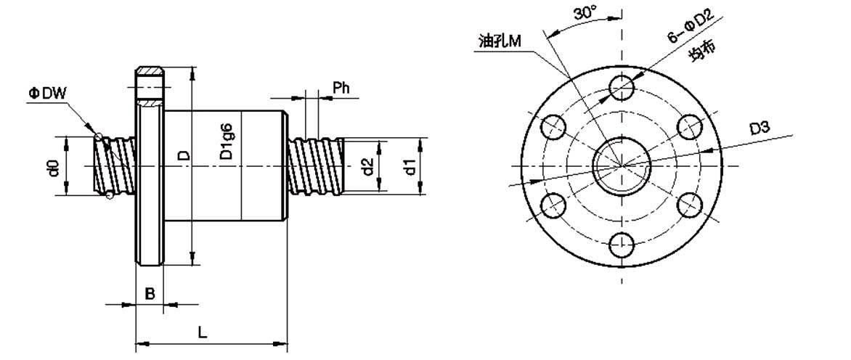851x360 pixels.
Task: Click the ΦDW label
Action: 47,94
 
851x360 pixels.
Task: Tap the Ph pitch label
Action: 341,88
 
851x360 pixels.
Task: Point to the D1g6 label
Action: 227,142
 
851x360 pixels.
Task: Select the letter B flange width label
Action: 150,294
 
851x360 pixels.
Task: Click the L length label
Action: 202,332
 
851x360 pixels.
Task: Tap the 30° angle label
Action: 585,14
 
